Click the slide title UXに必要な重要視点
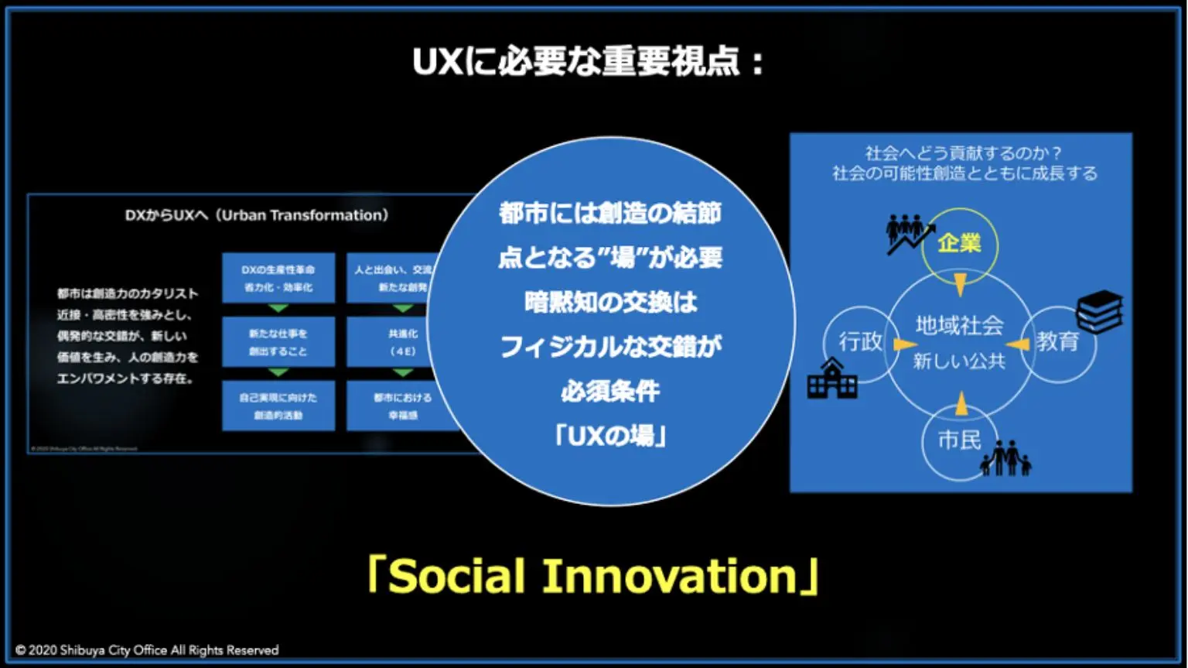[x=589, y=62]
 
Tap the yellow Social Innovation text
[x=593, y=577]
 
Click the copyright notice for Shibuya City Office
[x=147, y=650]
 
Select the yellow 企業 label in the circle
[x=959, y=243]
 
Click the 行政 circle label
[x=860, y=341]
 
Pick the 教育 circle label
[x=1057, y=341]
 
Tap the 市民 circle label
[x=959, y=440]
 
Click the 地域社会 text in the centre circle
[x=959, y=325]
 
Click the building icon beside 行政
[x=831, y=379]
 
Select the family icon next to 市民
[x=1006, y=458]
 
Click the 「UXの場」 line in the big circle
[x=610, y=437]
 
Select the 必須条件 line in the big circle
[x=610, y=392]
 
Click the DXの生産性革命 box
[x=278, y=278]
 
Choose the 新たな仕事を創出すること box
[x=278, y=342]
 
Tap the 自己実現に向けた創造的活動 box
[x=278, y=406]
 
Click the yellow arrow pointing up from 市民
[x=961, y=403]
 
